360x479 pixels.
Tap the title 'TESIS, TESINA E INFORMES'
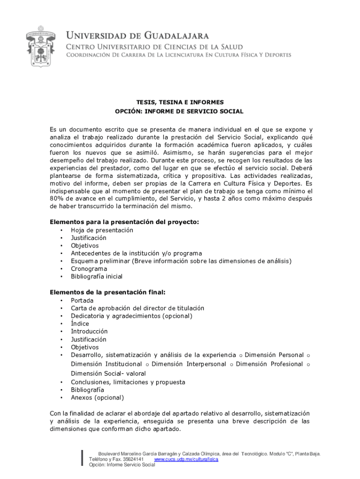point(180,102)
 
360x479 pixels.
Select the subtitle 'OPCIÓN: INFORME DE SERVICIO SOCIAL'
point(180,111)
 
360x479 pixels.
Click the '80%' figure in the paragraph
point(58,199)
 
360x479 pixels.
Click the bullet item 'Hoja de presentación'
point(102,230)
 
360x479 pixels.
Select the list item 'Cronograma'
point(89,269)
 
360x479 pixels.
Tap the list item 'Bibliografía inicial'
point(97,276)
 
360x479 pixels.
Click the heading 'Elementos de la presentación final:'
point(108,292)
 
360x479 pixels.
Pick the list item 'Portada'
point(82,300)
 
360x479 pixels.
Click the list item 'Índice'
point(80,324)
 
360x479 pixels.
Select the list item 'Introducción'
point(89,331)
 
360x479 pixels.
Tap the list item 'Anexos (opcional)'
point(97,398)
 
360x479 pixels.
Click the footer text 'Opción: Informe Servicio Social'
point(122,465)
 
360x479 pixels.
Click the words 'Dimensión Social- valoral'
point(108,373)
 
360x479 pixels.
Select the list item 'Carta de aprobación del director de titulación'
point(137,308)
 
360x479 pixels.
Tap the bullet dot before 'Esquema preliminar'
point(61,261)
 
